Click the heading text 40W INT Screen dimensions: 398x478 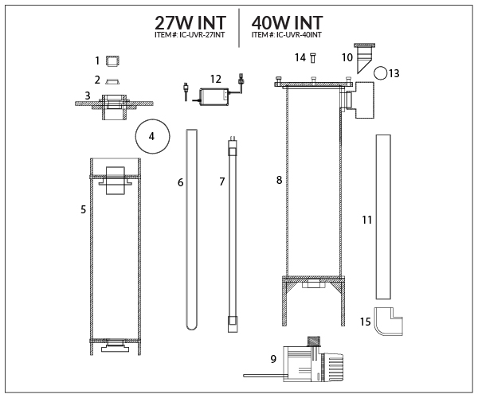(x=288, y=21)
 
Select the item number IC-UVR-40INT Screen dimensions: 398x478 (x=288, y=36)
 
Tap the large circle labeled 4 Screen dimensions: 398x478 (x=151, y=137)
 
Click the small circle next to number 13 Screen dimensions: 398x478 (x=382, y=73)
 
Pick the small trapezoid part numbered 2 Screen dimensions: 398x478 (x=113, y=80)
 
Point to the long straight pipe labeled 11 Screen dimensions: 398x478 (x=383, y=215)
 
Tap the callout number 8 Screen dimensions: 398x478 (x=279, y=181)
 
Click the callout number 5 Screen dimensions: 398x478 (x=83, y=209)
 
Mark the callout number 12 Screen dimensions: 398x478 (x=215, y=78)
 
